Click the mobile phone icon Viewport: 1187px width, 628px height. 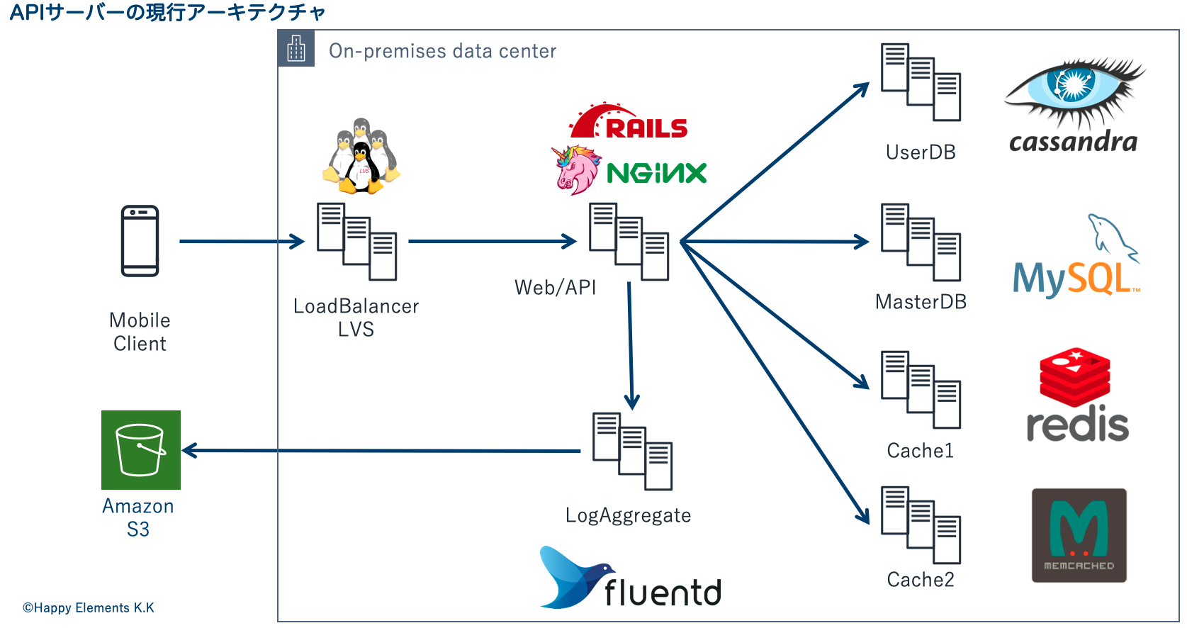coord(140,241)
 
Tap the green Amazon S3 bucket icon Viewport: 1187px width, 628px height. coord(141,450)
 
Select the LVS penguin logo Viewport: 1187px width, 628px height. coord(361,157)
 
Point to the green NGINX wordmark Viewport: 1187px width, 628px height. coord(657,173)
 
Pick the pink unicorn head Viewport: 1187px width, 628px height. coord(576,170)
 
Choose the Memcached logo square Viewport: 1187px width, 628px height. coord(1079,535)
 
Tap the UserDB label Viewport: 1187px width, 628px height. coord(921,152)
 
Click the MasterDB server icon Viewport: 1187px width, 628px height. coord(921,242)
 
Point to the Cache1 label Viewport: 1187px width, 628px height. coord(921,451)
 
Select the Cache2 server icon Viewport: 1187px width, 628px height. coord(921,525)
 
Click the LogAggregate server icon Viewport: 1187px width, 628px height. coord(632,451)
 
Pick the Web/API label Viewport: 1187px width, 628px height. coord(556,287)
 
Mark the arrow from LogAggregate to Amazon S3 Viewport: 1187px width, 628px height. coord(383,450)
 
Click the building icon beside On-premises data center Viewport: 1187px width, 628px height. coord(296,49)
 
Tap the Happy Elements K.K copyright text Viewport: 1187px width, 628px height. coord(89,607)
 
